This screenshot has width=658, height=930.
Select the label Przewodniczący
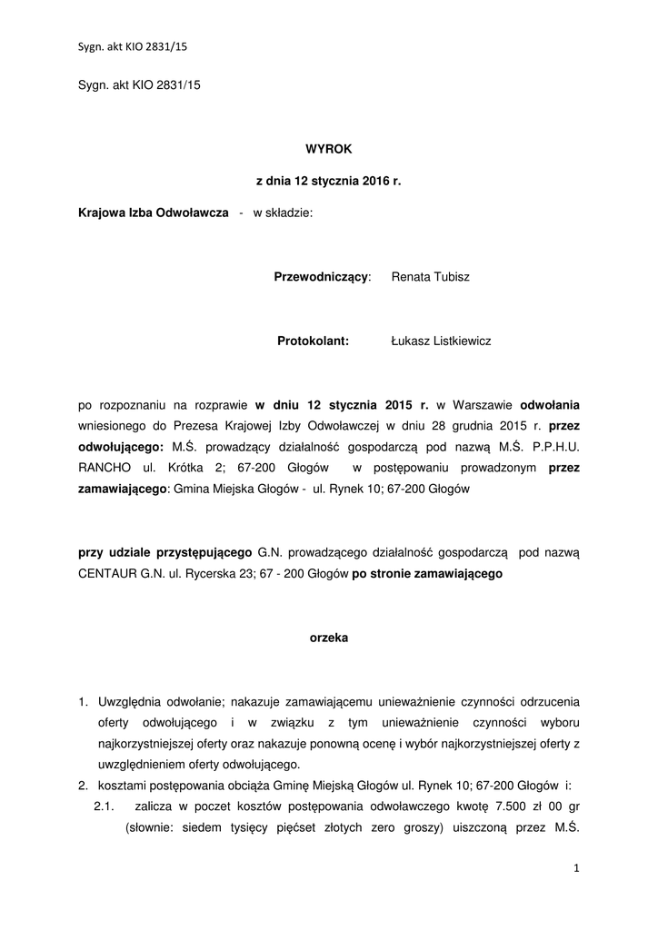coord(322,276)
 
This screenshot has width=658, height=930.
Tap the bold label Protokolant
coord(314,341)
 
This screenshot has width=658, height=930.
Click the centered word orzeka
coord(328,638)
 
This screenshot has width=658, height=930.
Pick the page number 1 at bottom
coord(576,869)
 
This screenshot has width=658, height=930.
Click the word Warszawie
coord(482,405)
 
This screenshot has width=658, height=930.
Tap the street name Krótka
coord(204,469)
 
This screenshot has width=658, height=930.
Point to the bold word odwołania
coord(549,405)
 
